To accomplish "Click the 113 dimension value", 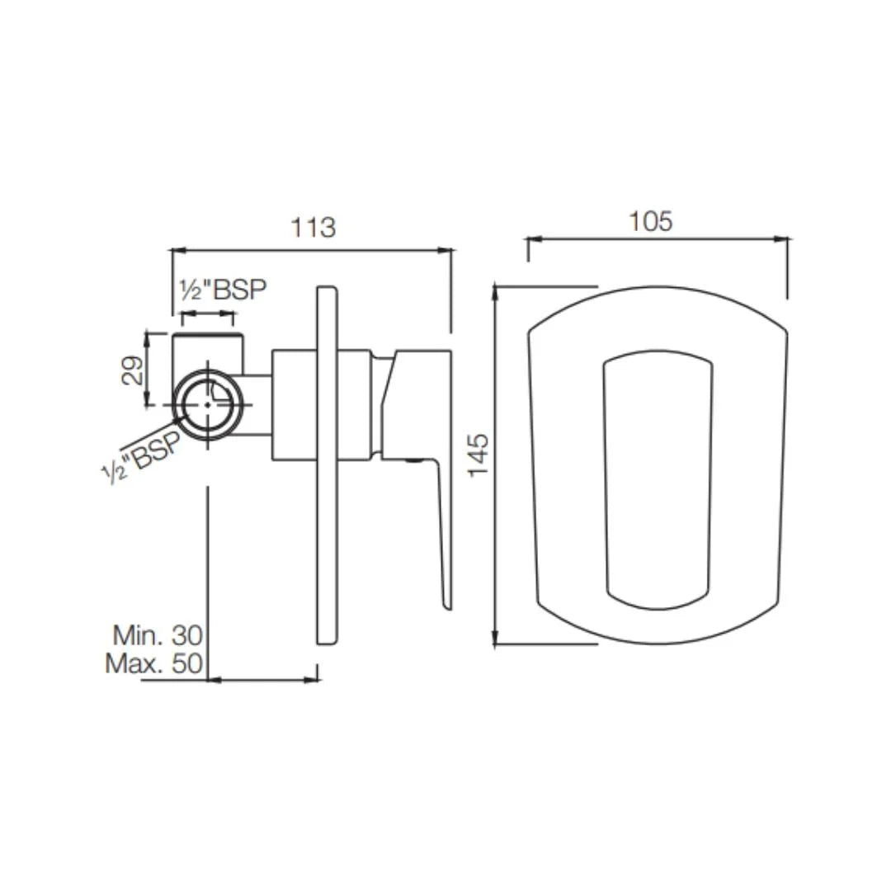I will click(x=313, y=227).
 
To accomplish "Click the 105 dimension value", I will click(x=651, y=221).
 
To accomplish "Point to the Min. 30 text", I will click(x=158, y=634).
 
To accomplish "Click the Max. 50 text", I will click(x=154, y=663).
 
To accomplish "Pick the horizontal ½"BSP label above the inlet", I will click(x=224, y=290).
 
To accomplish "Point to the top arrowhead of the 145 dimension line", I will click(x=495, y=290).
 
